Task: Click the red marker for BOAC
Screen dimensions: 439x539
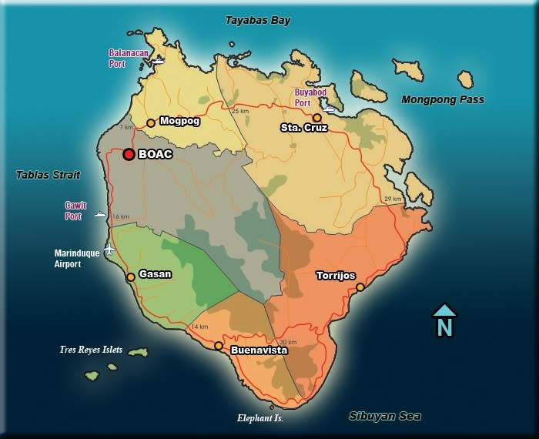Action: point(129,154)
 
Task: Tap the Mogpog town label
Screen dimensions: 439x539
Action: point(179,121)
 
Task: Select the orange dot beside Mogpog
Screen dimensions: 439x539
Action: point(151,122)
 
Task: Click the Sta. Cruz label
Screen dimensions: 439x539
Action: point(304,128)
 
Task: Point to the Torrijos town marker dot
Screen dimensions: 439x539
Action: point(360,287)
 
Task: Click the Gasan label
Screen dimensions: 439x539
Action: point(155,273)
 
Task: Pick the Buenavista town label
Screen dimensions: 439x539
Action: point(259,350)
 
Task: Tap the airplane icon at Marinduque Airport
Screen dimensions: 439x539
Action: point(109,249)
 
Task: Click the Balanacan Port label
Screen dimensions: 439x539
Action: point(127,59)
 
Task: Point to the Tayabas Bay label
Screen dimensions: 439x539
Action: point(258,21)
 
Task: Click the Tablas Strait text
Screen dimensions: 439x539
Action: point(48,175)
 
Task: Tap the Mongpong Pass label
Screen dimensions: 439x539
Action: point(443,99)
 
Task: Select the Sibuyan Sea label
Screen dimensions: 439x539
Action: point(385,416)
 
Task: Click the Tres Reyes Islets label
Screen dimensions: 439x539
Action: point(91,350)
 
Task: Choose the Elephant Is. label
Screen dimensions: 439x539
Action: point(259,418)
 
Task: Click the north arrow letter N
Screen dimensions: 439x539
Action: point(444,327)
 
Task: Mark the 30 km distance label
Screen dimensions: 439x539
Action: point(288,342)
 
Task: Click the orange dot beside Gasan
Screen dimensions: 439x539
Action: point(131,276)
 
